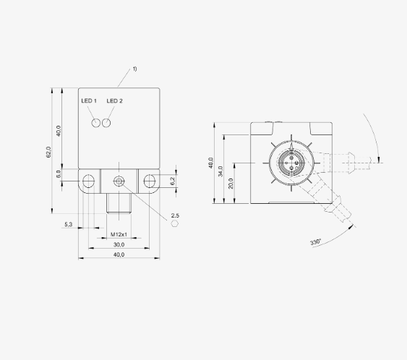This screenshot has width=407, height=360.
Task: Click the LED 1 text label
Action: (x=89, y=100)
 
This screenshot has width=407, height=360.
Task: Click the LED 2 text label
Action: (x=114, y=100)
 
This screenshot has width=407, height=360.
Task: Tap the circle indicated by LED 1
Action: (x=96, y=123)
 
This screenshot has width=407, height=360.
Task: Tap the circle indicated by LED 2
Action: (x=106, y=123)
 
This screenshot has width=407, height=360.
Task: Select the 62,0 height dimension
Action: (x=48, y=152)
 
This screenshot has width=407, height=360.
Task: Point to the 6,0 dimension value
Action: (x=59, y=173)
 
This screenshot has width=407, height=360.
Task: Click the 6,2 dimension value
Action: (x=173, y=179)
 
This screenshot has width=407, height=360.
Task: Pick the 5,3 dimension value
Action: (x=68, y=224)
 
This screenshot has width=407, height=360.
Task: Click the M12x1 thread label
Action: (x=119, y=234)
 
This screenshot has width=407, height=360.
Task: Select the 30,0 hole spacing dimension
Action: (x=119, y=244)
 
